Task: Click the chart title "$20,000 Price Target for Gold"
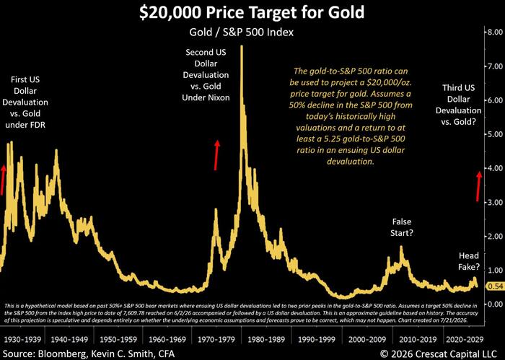click(252, 12)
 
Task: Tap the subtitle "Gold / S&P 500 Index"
click(241, 32)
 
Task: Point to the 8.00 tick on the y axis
click(495, 32)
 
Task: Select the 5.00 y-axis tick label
click(495, 134)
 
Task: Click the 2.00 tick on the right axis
click(495, 236)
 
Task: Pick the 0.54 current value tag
click(496, 286)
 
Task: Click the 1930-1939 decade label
click(22, 339)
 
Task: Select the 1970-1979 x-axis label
click(216, 339)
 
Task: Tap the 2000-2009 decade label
click(367, 339)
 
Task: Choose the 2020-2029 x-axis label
click(465, 339)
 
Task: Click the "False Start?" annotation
click(402, 227)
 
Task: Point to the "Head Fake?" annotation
click(469, 261)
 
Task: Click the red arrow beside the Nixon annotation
click(216, 155)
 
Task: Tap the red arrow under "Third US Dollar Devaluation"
click(478, 186)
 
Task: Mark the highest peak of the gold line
click(242, 46)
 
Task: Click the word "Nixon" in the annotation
click(219, 97)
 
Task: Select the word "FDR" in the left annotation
click(35, 125)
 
